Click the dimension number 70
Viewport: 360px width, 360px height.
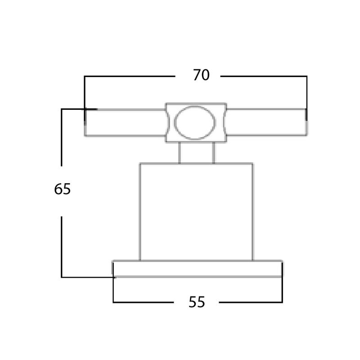pyautogui.click(x=201, y=75)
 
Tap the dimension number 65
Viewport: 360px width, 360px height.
pyautogui.click(x=62, y=189)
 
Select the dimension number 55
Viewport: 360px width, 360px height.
pyautogui.click(x=197, y=302)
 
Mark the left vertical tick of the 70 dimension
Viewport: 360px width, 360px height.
pyautogui.click(x=85, y=98)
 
